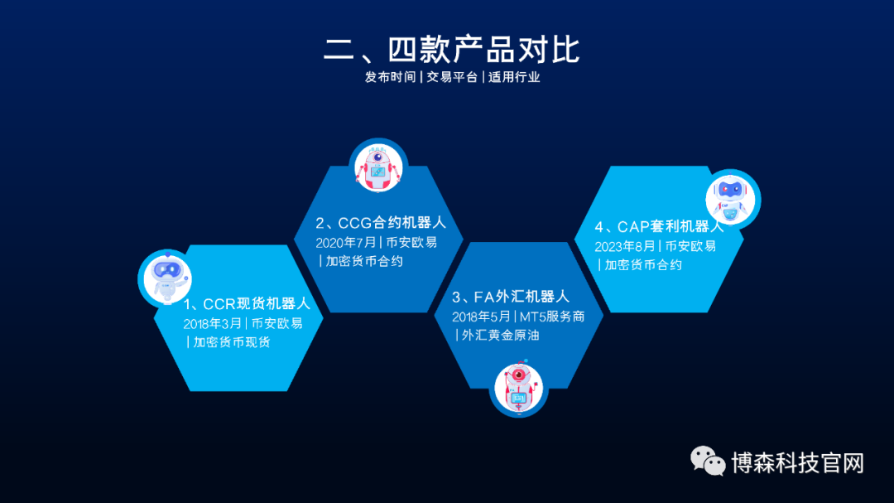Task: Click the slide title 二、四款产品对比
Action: click(x=451, y=49)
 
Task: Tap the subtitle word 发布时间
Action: click(x=390, y=77)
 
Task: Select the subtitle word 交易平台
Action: click(x=452, y=77)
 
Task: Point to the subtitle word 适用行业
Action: click(x=514, y=77)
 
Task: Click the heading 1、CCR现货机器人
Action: click(x=247, y=303)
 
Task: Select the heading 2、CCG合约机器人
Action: click(x=381, y=222)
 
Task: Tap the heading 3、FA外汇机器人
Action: click(x=511, y=297)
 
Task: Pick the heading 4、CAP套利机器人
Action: click(x=659, y=226)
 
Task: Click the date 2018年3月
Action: click(x=214, y=323)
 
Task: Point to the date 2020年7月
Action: click(x=345, y=242)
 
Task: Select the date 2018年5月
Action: click(x=482, y=317)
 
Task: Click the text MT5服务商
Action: click(x=552, y=317)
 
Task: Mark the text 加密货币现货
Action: click(x=232, y=342)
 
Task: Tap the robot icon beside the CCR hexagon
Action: click(x=165, y=277)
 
